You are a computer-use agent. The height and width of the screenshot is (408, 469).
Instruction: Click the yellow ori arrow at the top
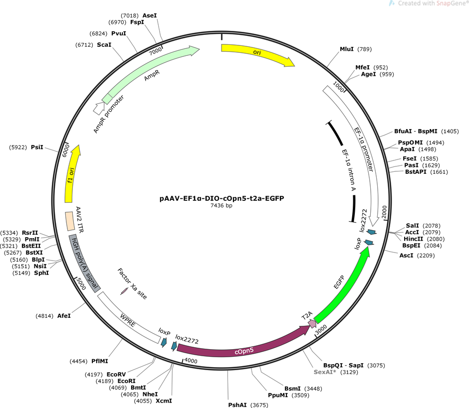coord(257,53)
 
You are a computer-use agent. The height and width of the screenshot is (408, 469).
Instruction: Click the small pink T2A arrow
coord(312,323)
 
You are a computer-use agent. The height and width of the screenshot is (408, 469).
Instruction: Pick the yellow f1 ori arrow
coord(71,173)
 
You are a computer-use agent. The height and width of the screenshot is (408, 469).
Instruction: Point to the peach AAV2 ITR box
coord(70,221)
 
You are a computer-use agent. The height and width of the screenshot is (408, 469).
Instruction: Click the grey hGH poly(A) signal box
coord(84,264)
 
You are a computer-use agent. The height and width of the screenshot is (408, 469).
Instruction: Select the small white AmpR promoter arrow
coord(98,109)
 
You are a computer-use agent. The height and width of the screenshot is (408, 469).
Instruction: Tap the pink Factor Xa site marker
coord(124,291)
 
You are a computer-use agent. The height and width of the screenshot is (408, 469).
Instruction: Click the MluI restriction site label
coord(347,49)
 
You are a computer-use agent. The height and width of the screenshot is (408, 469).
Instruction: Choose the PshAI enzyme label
coord(237,405)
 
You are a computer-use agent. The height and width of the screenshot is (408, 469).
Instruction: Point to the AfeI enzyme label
coord(64,316)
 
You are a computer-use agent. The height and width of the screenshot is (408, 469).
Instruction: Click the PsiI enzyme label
coord(37,147)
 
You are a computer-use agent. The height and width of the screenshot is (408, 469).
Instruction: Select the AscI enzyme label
coord(406,256)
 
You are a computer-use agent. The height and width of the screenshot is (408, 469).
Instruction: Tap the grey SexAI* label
coord(325,372)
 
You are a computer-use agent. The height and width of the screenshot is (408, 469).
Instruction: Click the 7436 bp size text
coord(222,205)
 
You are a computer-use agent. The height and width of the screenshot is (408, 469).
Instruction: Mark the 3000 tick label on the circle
coord(321,329)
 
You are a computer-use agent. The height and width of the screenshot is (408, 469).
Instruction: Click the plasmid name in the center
coord(222,198)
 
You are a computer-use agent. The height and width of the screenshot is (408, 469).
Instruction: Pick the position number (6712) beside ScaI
coord(84,45)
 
